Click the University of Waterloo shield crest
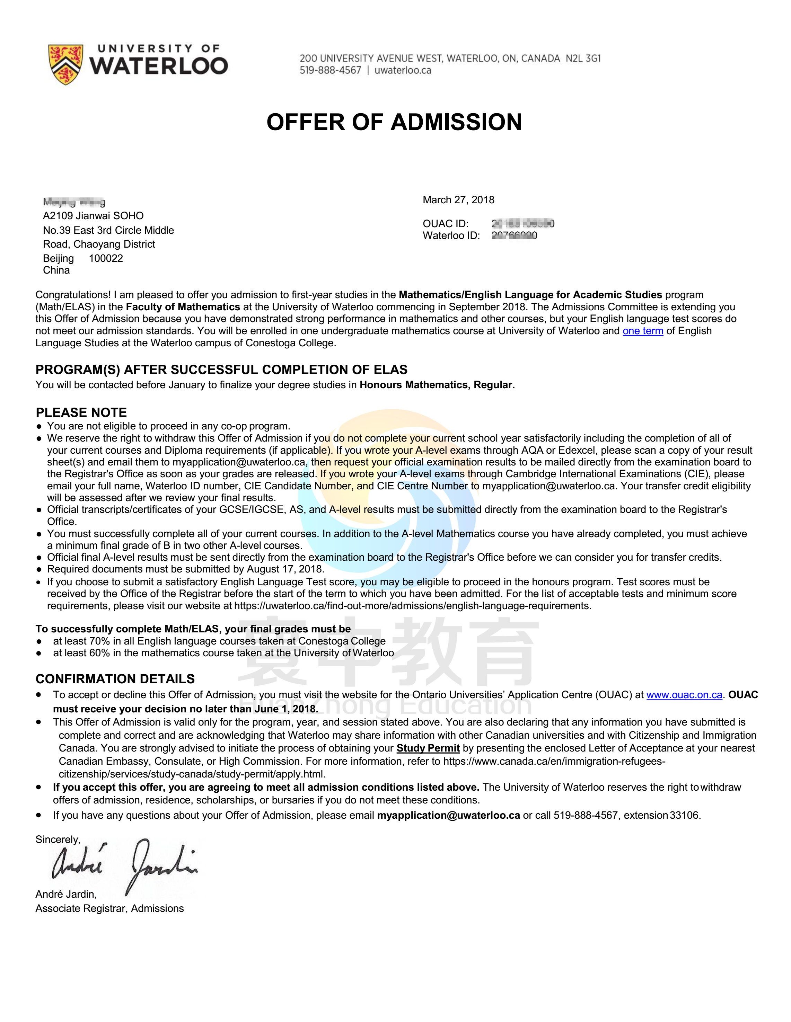point(65,64)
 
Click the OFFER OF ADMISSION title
point(394,122)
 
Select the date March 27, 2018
point(458,200)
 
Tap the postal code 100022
point(106,258)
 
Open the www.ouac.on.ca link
point(684,695)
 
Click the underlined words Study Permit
point(428,748)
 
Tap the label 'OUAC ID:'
point(445,224)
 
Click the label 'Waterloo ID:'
point(451,235)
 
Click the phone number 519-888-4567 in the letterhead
point(331,71)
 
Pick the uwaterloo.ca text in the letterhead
point(403,71)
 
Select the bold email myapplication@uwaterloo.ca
point(448,815)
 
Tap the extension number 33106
point(684,815)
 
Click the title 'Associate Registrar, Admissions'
point(109,908)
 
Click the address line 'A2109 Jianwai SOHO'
point(93,216)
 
